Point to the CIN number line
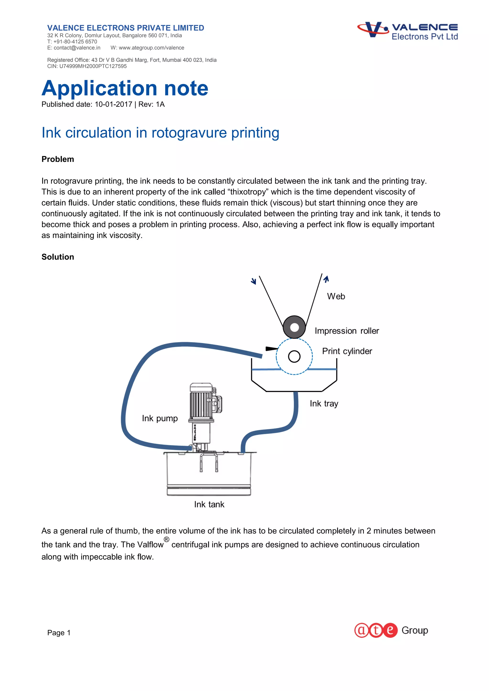click(x=87, y=66)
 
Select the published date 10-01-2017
click(x=113, y=105)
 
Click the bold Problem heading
click(x=58, y=159)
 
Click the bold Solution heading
click(x=58, y=257)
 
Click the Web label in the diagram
click(x=336, y=296)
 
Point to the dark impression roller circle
click(x=294, y=327)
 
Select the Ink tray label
click(x=324, y=404)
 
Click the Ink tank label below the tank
click(x=209, y=504)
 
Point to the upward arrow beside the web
click(x=326, y=279)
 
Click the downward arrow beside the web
click(x=254, y=281)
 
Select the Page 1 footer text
click(x=59, y=633)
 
